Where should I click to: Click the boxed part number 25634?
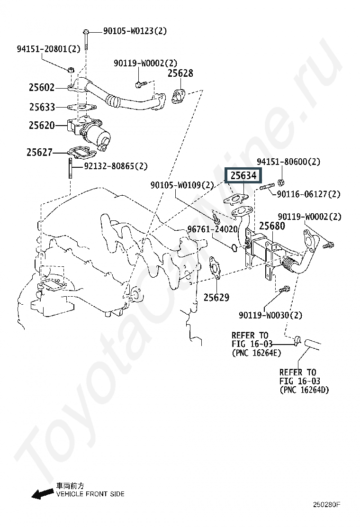coord(243,175)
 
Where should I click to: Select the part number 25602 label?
coord(42,87)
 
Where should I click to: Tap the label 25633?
coord(42,107)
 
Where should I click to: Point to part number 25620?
coord(42,126)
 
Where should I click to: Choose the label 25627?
coord(40,152)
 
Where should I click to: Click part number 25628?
coord(180,73)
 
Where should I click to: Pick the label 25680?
coord(272,226)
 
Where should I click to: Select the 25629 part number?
coord(216,298)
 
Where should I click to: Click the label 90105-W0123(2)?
coord(135,31)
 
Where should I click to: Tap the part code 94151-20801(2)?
coord(49,49)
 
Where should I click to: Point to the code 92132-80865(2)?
coord(116,166)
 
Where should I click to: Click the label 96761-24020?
coord(212,229)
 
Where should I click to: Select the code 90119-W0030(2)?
coord(270,315)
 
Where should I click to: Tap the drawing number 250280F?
coord(327,504)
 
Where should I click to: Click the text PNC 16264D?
coord(304,390)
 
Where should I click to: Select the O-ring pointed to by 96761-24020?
coord(234,248)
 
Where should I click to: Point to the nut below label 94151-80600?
coord(281,182)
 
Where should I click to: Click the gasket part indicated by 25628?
coord(178,96)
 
